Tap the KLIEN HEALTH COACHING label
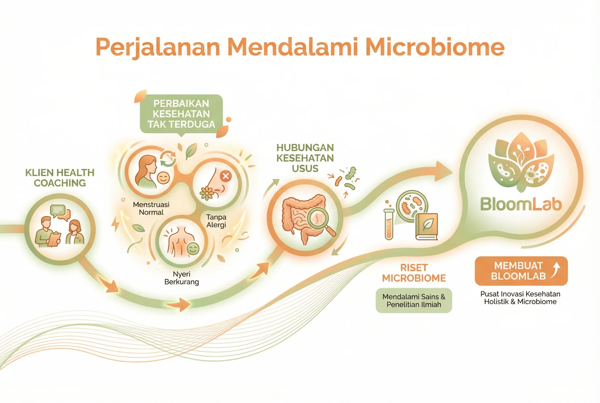tap(60, 178)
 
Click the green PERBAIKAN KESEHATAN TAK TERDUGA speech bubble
tap(181, 114)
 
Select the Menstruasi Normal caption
tap(151, 208)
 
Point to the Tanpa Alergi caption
tap(216, 221)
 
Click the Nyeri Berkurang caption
tap(182, 278)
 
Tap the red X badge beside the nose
tap(226, 176)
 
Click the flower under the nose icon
tap(207, 193)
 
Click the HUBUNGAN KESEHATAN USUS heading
tap(305, 158)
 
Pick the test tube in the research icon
tap(389, 224)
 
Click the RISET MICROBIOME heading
tap(414, 273)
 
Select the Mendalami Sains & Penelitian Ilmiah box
tap(414, 300)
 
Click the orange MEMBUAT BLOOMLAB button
tap(521, 271)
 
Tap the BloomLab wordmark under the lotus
tap(521, 204)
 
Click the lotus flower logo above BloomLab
tap(521, 162)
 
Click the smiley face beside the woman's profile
tap(163, 178)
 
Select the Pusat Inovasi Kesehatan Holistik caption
tap(520, 298)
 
